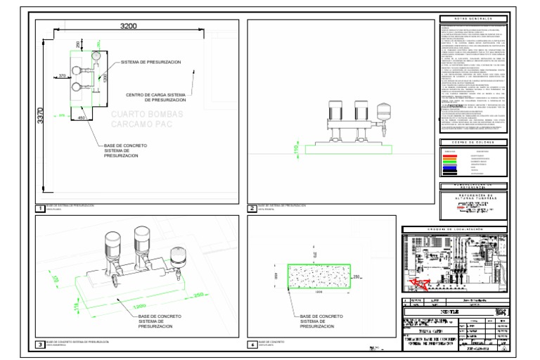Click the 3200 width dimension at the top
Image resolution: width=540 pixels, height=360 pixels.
pos(127,26)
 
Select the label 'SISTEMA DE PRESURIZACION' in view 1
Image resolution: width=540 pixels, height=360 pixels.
pos(150,63)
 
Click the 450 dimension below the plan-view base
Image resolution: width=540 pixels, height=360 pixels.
pos(82,118)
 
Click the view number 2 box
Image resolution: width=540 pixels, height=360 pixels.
pos(252,208)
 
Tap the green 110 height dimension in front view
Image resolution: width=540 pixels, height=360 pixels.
pos(297,148)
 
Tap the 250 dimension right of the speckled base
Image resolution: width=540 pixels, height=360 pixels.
pos(356,276)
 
